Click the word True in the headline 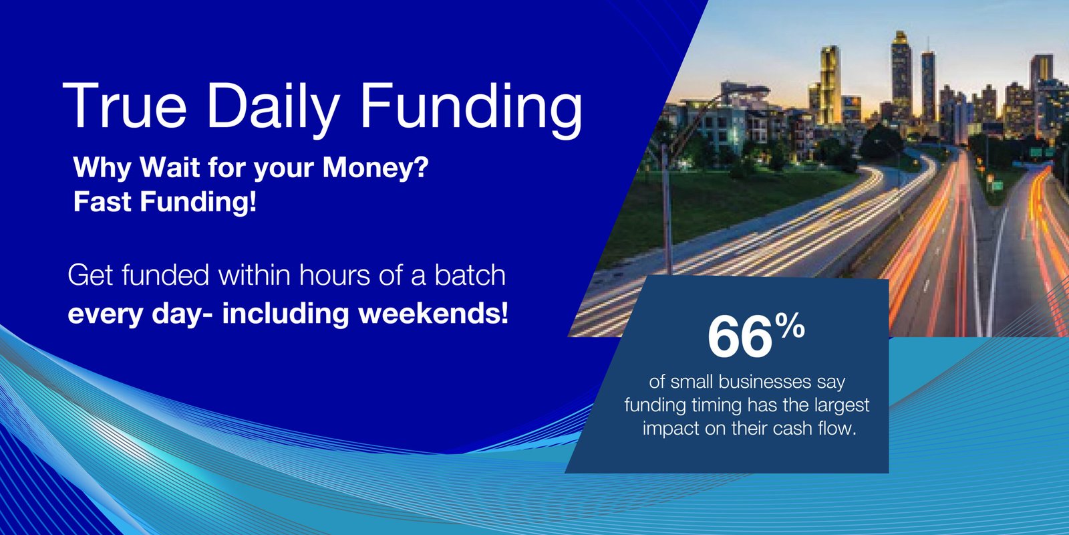click(x=124, y=106)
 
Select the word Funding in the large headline click(x=472, y=109)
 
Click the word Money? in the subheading click(x=375, y=169)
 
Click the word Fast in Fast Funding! click(x=102, y=201)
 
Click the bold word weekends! click(x=434, y=314)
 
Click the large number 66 click(x=739, y=336)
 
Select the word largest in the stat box click(x=842, y=406)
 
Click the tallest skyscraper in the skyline click(x=901, y=76)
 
